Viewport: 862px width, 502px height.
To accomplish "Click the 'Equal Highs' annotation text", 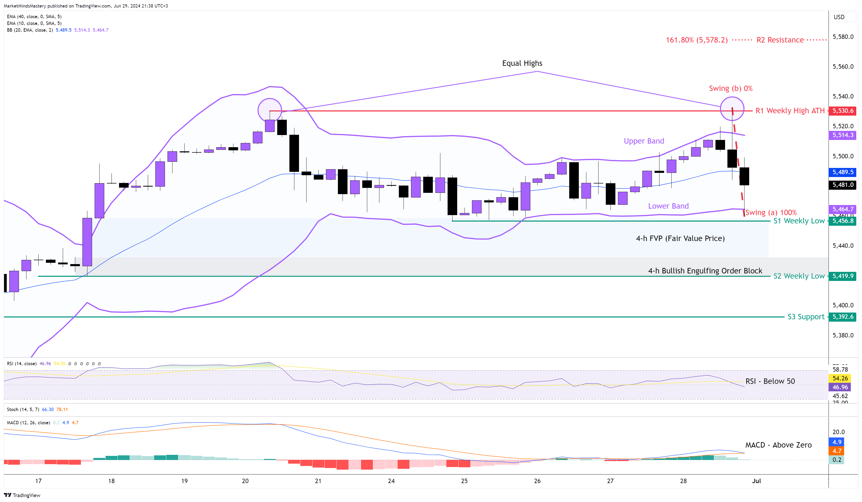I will click(x=522, y=63).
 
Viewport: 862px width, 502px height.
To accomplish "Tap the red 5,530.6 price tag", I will click(x=843, y=111).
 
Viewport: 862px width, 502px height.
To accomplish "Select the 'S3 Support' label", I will click(x=806, y=317).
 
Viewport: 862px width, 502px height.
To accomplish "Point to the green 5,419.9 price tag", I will click(x=843, y=276).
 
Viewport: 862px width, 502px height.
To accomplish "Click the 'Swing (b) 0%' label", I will click(x=730, y=89).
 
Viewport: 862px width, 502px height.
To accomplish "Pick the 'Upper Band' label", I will click(x=644, y=141).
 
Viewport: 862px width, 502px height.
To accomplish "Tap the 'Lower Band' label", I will click(x=668, y=206).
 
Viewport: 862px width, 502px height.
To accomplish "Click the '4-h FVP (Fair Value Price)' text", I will click(x=680, y=238).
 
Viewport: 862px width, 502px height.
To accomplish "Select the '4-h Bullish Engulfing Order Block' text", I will click(x=705, y=271).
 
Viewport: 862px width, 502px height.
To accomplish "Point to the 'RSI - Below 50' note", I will click(x=770, y=381).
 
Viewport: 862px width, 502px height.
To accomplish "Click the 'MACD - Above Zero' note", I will click(x=778, y=445).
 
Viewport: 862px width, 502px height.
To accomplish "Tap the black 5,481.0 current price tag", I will click(x=843, y=185).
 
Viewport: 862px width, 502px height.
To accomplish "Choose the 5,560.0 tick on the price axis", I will click(x=843, y=67).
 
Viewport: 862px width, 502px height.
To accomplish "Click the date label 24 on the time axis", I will click(x=391, y=481).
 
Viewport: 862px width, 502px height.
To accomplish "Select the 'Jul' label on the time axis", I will click(x=756, y=481).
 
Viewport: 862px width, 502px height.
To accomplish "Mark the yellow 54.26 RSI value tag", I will click(x=840, y=378).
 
